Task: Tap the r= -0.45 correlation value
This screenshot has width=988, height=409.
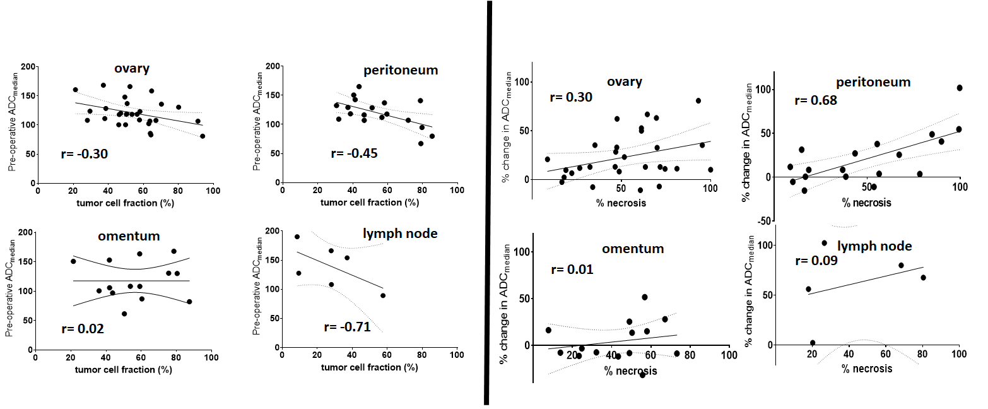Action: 354,153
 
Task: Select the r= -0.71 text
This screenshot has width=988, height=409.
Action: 347,327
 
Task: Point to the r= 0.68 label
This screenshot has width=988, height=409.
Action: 816,100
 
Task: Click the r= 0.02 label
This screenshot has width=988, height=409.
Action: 82,329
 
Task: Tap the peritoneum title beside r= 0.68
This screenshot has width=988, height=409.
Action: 873,82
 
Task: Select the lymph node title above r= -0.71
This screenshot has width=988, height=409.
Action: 400,234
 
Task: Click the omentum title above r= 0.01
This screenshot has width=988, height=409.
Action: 633,249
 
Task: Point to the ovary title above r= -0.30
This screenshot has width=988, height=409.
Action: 131,69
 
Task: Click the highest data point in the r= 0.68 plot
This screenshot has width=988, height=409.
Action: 960,88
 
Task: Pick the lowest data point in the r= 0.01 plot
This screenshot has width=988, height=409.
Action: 643,375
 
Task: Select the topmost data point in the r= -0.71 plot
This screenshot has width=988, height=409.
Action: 297,237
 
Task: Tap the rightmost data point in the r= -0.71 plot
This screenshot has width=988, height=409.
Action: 383,295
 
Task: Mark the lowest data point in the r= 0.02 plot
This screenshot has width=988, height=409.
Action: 124,314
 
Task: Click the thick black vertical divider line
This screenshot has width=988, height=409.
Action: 488,202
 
